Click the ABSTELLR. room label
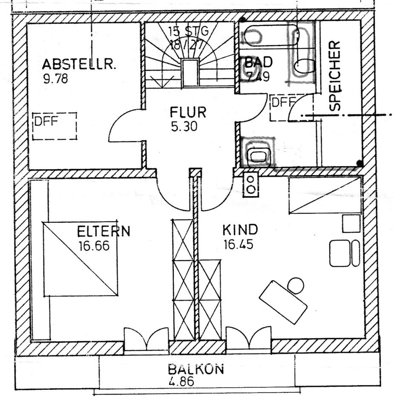click(79, 64)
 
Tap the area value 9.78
click(55, 79)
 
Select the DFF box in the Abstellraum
click(55, 126)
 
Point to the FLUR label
click(188, 112)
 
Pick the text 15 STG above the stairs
click(188, 31)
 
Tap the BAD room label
click(258, 63)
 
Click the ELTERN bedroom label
click(104, 232)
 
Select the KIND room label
click(240, 230)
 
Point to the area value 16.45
click(239, 245)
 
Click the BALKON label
click(196, 369)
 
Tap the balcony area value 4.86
click(181, 381)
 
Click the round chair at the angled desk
click(296, 285)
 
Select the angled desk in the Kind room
click(283, 302)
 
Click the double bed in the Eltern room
click(80, 259)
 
